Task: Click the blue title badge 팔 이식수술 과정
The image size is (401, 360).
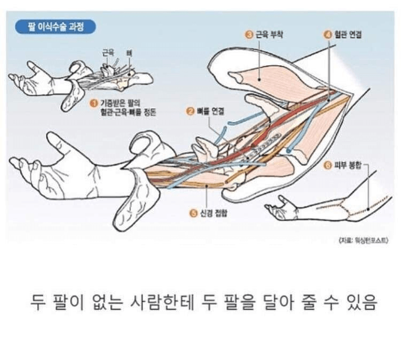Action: (x=56, y=27)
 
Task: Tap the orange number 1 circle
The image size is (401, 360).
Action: (x=93, y=103)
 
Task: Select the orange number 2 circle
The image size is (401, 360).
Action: (x=190, y=111)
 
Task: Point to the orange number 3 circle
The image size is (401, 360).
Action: (x=249, y=35)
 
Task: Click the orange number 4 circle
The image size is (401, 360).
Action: (x=328, y=35)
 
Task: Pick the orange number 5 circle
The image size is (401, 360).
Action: (x=194, y=213)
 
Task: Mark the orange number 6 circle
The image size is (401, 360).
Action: (x=328, y=166)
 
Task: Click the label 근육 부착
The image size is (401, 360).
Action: (x=269, y=35)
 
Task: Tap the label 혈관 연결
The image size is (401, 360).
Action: (x=348, y=35)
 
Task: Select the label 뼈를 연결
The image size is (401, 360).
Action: (x=211, y=111)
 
